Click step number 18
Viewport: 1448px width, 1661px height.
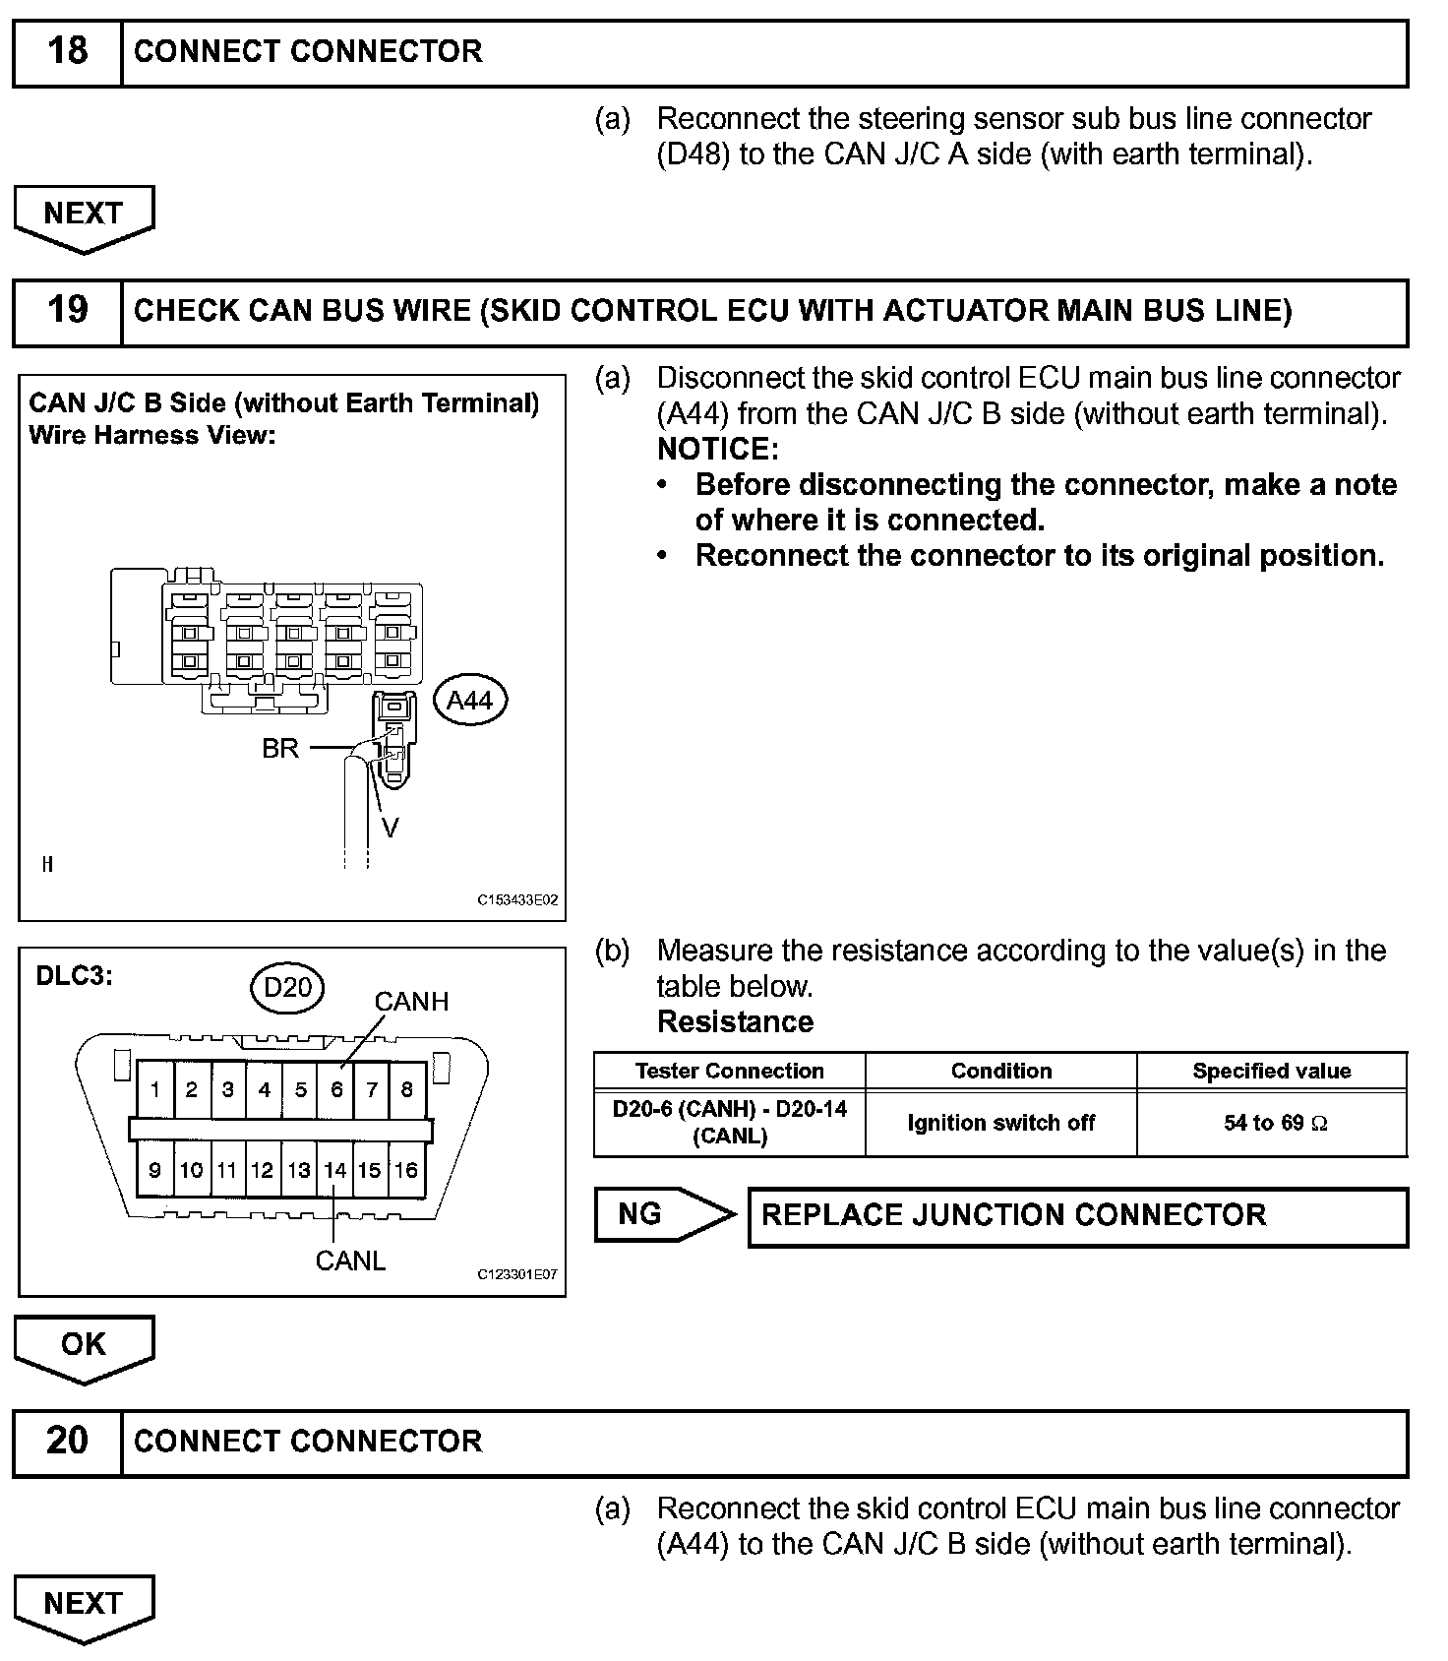67,51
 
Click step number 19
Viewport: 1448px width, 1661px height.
67,311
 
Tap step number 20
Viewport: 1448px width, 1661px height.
67,1442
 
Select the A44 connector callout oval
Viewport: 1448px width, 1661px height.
469,701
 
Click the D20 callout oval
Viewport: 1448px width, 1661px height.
287,986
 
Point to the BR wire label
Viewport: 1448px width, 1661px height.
280,749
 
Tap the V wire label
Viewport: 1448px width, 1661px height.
390,829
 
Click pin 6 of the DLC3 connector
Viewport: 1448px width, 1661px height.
336,1089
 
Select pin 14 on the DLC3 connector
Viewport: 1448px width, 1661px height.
335,1170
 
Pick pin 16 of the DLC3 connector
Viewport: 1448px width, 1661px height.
406,1170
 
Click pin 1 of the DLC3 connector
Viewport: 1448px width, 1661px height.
155,1089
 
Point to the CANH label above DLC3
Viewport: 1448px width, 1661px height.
411,1002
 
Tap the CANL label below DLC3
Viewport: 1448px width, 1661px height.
350,1261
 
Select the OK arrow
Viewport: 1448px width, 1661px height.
84,1346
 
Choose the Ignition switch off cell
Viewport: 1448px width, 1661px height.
1000,1123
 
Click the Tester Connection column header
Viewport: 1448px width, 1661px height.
729,1071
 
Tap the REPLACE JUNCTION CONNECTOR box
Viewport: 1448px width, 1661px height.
1077,1216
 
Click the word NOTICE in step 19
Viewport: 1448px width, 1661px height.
717,449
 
